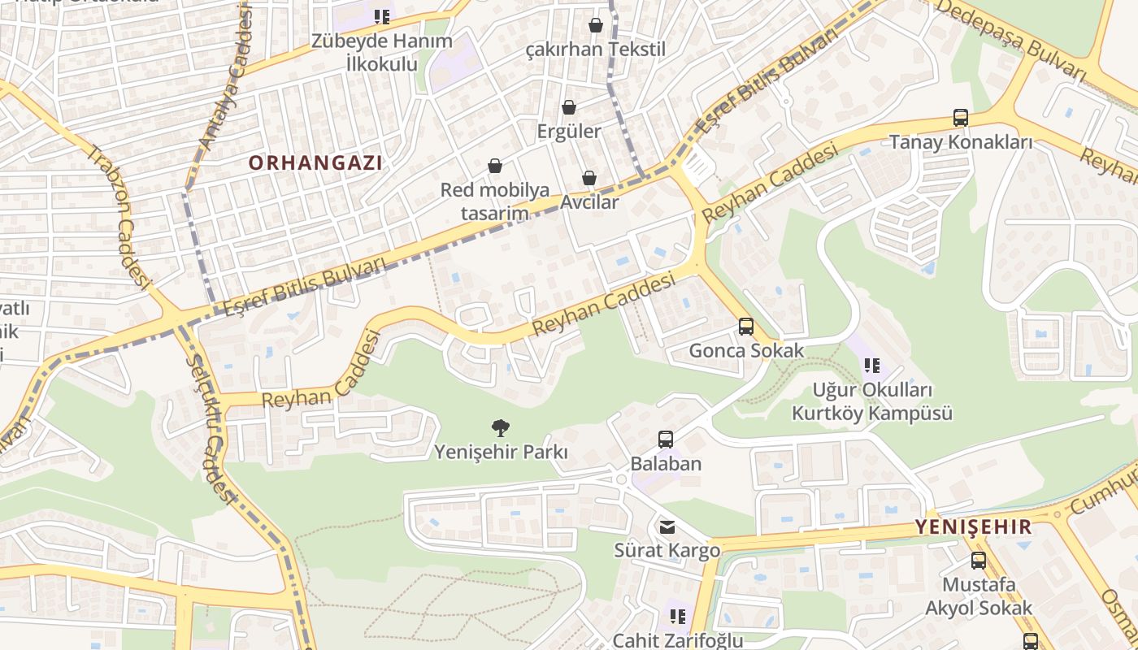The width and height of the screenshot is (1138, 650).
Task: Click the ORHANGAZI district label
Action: pyautogui.click(x=315, y=162)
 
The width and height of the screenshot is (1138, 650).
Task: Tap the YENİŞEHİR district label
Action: pyautogui.click(x=973, y=526)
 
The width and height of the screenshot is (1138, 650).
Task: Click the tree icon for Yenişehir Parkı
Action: pyautogui.click(x=501, y=427)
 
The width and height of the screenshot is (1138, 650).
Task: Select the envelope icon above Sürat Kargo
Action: pyautogui.click(x=667, y=527)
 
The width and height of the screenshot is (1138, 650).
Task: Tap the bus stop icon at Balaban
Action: pyautogui.click(x=666, y=440)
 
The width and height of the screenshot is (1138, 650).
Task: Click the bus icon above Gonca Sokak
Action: pyautogui.click(x=745, y=327)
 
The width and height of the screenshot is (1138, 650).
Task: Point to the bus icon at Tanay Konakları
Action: pyautogui.click(x=961, y=118)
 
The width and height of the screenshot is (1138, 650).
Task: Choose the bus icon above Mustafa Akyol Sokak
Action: pyautogui.click(x=979, y=560)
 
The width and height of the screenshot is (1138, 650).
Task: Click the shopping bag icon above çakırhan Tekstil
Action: pyautogui.click(x=596, y=25)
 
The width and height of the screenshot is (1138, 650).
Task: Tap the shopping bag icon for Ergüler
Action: pyautogui.click(x=569, y=107)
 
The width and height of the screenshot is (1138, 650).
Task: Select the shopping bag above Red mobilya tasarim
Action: pyautogui.click(x=494, y=167)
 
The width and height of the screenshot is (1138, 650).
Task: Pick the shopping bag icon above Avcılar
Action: pyautogui.click(x=589, y=178)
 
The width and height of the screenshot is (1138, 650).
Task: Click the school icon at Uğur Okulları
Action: pyautogui.click(x=872, y=366)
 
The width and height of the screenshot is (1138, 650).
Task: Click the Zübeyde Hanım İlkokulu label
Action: pyautogui.click(x=382, y=52)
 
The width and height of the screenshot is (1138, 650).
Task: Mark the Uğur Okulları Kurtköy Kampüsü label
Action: pyautogui.click(x=872, y=401)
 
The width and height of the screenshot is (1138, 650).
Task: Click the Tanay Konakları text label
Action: pyautogui.click(x=961, y=142)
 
